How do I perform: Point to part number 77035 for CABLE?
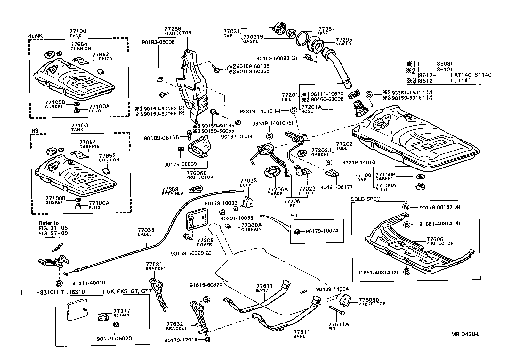[146, 230]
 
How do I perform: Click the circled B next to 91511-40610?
[59, 283]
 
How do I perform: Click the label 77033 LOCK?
[246, 183]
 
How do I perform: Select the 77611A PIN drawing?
[336, 309]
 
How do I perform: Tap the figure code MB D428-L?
[465, 334]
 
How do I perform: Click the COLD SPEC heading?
[365, 199]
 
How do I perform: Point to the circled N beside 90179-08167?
[406, 207]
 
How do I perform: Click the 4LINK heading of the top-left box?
[35, 36]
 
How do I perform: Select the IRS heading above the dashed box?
[34, 131]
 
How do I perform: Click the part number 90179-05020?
[114, 338]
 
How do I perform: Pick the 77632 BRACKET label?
[176, 326]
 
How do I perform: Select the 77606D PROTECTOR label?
[372, 302]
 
